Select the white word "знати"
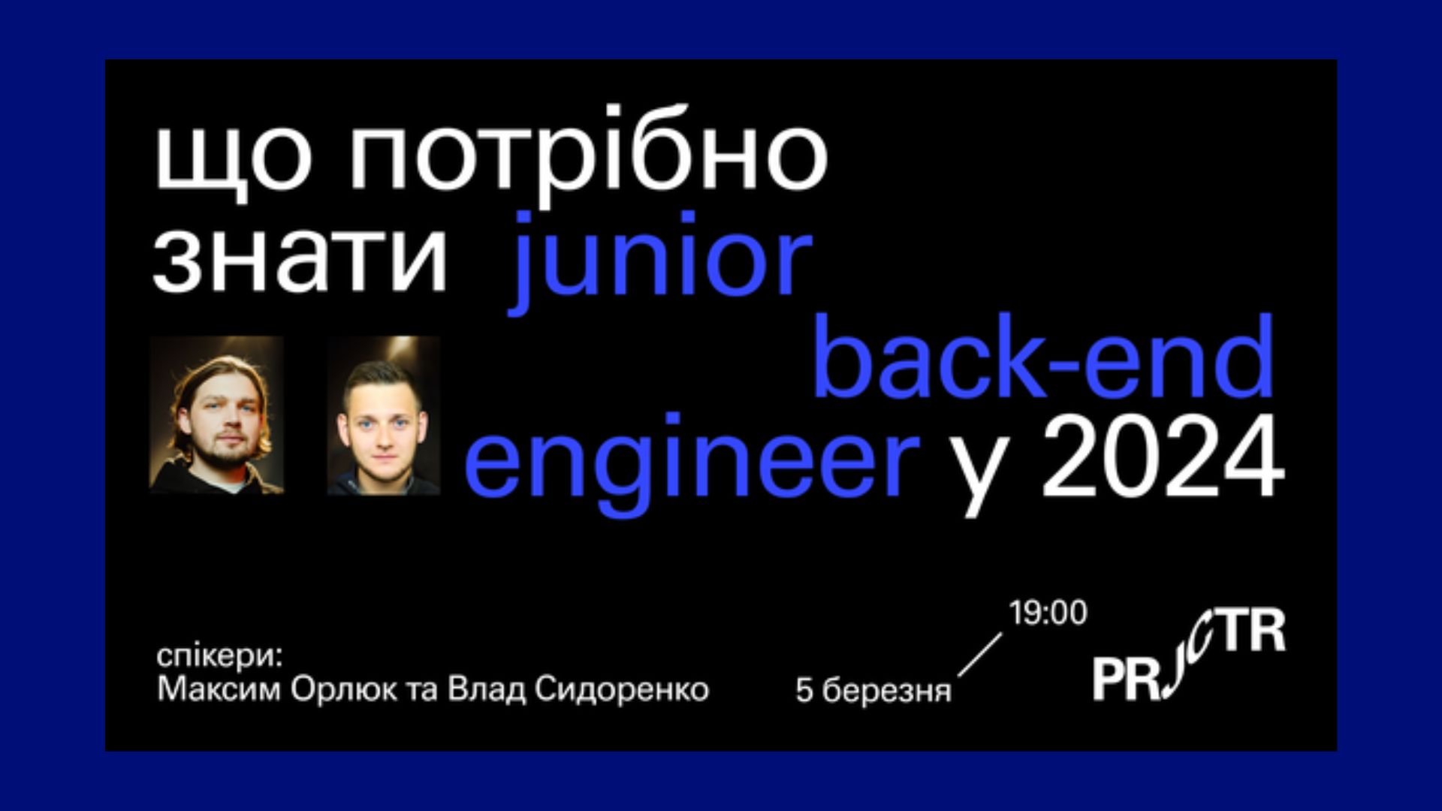click(x=300, y=256)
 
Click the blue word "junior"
click(x=661, y=260)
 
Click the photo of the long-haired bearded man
click(x=216, y=415)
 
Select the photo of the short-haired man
click(x=383, y=415)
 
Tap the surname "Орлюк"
click(x=343, y=689)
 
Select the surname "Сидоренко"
click(x=622, y=689)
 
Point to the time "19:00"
click(x=1048, y=614)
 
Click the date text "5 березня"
click(x=873, y=690)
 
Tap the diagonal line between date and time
click(x=980, y=655)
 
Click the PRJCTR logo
click(x=1188, y=655)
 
